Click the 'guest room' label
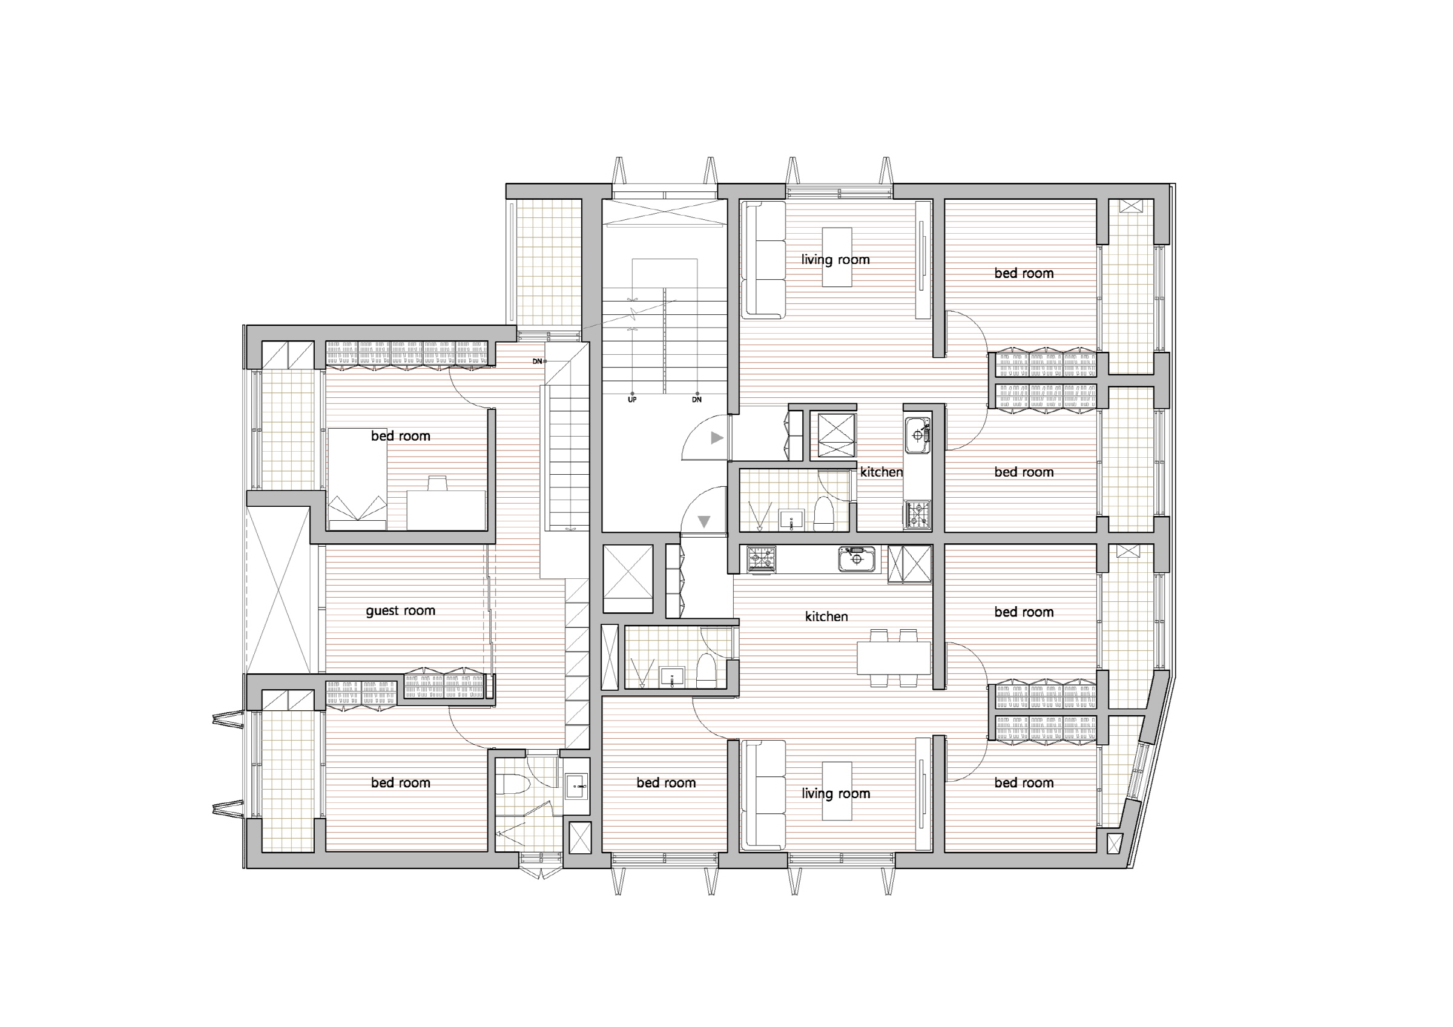pos(401,610)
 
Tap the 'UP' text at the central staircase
pos(631,400)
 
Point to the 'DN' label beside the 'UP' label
pos(697,400)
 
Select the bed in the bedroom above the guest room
pos(358,479)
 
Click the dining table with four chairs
pos(894,658)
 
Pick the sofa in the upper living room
pos(764,258)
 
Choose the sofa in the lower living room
pos(764,794)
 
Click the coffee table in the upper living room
pos(837,257)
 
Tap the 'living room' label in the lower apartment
pos(835,793)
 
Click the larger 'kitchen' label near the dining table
pos(826,616)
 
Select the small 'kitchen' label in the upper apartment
pos(881,472)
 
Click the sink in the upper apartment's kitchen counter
pos(918,435)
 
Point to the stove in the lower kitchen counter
pos(761,560)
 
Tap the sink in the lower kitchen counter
pos(857,560)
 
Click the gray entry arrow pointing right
pos(717,437)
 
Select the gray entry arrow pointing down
pos(703,522)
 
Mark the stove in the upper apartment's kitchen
pos(918,515)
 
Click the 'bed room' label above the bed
pos(401,436)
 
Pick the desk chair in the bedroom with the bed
pos(437,483)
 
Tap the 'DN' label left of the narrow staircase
pos(537,362)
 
